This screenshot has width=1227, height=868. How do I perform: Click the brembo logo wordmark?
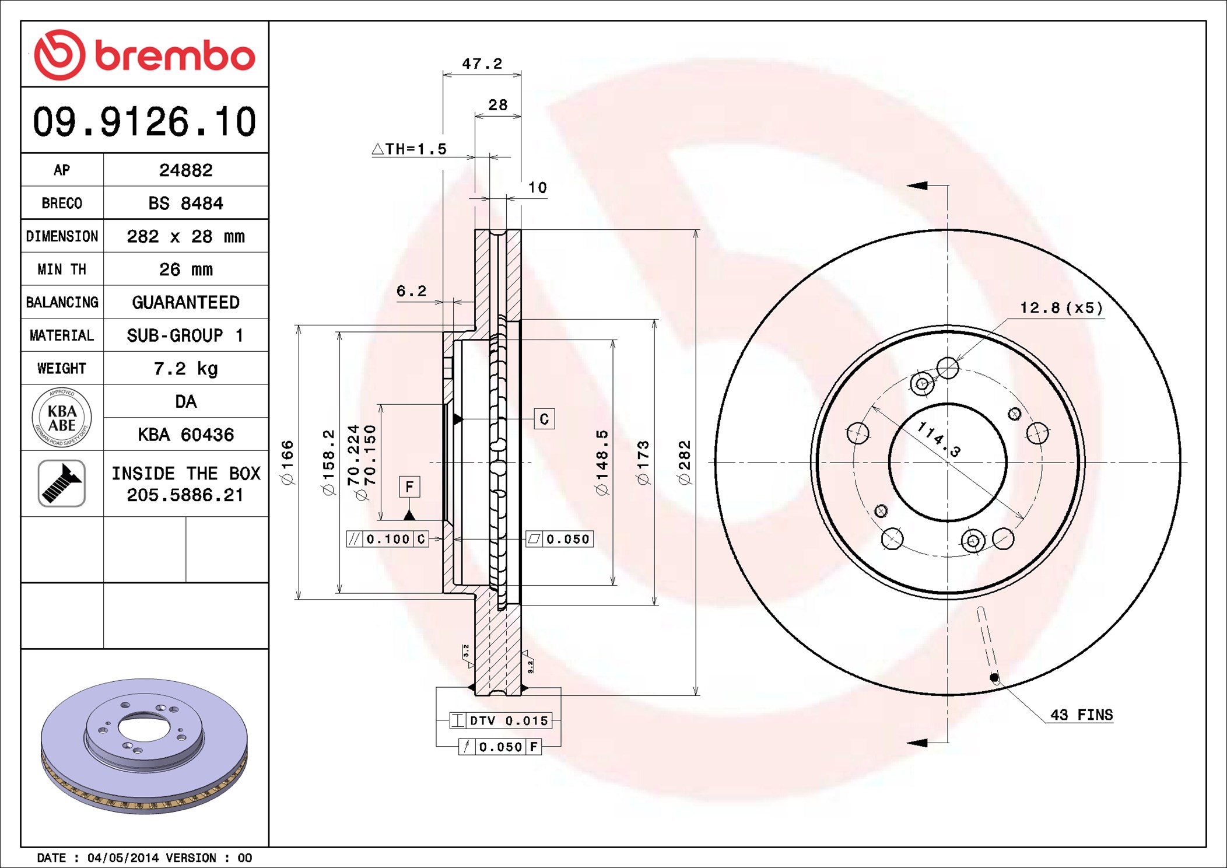click(x=175, y=55)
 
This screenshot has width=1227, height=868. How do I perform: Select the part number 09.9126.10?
click(x=145, y=122)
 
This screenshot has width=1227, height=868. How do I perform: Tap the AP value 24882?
click(x=186, y=170)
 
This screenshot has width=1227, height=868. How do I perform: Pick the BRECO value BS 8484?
click(x=185, y=203)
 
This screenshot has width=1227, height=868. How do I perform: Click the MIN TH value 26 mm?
click(x=186, y=269)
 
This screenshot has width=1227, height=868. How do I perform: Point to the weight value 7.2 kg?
click(x=186, y=369)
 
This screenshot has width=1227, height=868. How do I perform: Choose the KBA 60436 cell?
click(x=186, y=435)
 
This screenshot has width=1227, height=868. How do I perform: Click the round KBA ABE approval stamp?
click(x=62, y=418)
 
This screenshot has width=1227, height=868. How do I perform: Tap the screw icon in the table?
click(x=62, y=483)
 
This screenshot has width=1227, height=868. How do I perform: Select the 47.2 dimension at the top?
click(x=482, y=64)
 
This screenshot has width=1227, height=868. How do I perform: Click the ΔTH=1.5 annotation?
click(x=409, y=149)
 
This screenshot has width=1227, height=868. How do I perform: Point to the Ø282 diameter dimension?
click(x=685, y=463)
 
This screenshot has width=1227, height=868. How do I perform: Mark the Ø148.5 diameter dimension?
click(x=602, y=463)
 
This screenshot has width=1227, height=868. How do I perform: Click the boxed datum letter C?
click(x=544, y=419)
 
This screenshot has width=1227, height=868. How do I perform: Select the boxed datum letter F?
click(x=409, y=487)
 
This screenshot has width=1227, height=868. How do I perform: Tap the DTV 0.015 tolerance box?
click(x=500, y=721)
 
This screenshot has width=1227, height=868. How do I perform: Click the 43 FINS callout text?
click(x=1082, y=715)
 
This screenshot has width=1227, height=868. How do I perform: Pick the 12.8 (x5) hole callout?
click(x=1061, y=308)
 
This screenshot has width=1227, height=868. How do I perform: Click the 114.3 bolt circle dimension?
click(x=938, y=439)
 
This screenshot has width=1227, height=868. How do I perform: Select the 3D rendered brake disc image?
click(x=144, y=746)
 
